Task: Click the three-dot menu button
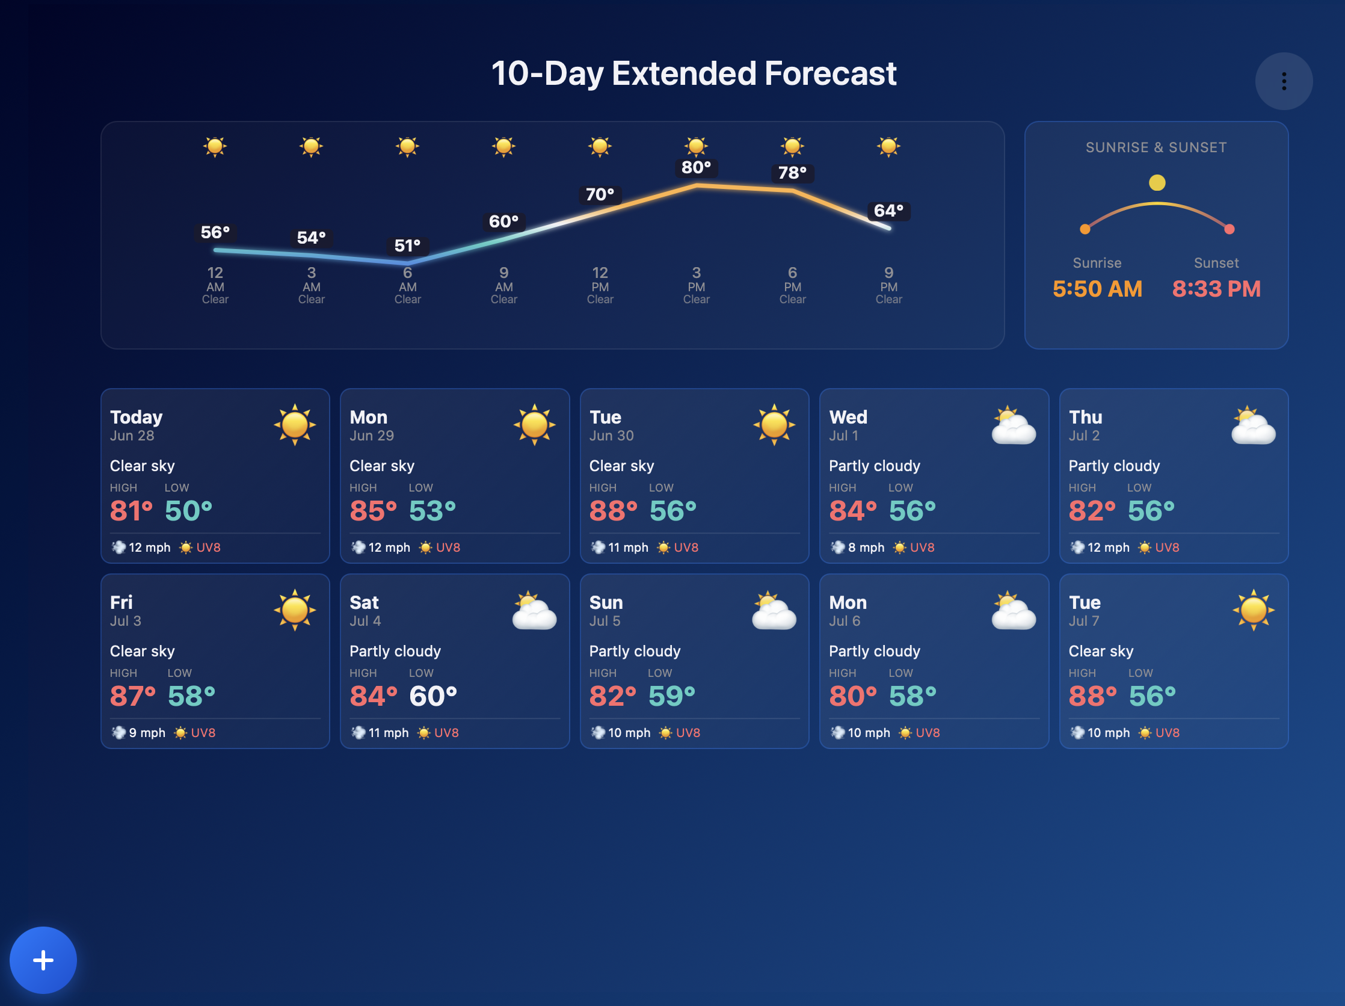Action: pos(1284,81)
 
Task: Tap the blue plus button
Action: pos(43,960)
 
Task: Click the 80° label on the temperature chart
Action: pos(696,167)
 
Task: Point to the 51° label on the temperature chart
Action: pos(407,245)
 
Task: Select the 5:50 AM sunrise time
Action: pos(1097,289)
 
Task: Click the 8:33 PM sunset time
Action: pos(1216,289)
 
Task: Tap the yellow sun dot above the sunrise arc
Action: pos(1157,182)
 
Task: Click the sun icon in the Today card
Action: pos(295,425)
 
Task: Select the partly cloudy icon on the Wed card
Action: pos(1013,425)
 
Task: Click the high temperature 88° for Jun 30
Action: pos(614,511)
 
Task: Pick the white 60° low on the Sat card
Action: pos(433,696)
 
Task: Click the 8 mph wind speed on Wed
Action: pos(866,548)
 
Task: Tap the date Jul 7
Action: pos(1084,621)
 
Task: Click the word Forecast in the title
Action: pos(830,73)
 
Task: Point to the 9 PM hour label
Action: pos(888,279)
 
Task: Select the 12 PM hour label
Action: pos(600,279)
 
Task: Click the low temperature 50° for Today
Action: pos(188,511)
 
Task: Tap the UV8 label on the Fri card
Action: pos(203,733)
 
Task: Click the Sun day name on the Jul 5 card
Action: pos(606,603)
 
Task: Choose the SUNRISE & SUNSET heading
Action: pos(1156,147)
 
